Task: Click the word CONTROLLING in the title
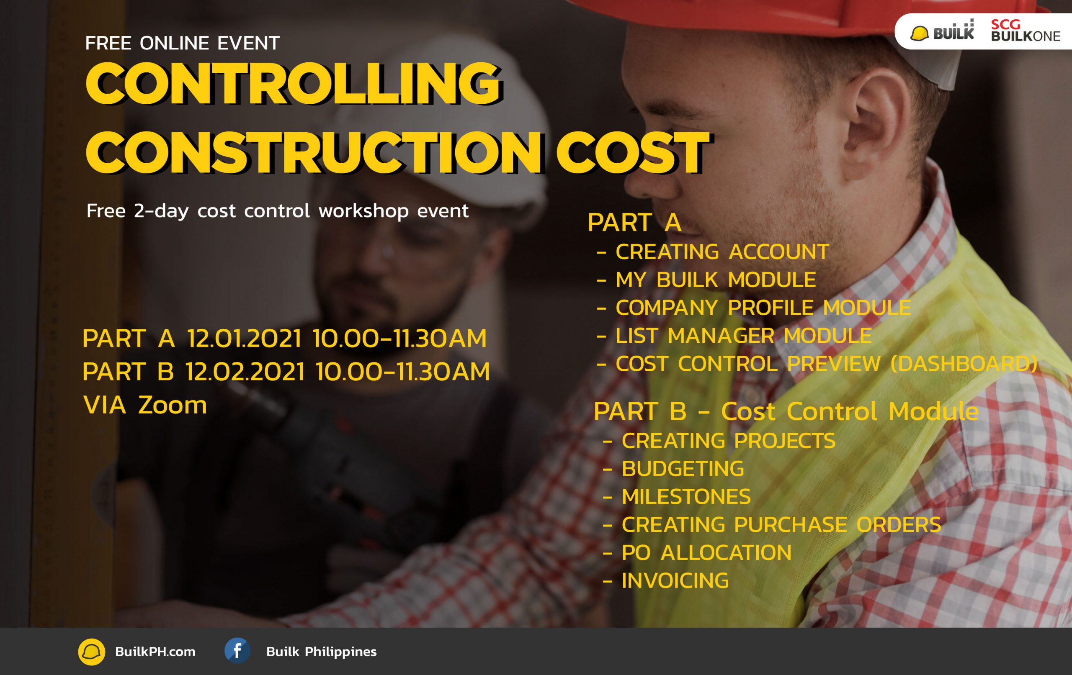[294, 84]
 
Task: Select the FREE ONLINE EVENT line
[183, 43]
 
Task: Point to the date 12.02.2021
[245, 372]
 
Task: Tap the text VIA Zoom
[145, 406]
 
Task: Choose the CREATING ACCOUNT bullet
[722, 252]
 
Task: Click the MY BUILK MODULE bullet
[715, 280]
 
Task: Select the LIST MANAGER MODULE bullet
[743, 336]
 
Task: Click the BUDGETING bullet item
[683, 469]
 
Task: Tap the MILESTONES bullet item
[686, 497]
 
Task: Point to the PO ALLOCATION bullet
[706, 553]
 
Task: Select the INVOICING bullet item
[675, 581]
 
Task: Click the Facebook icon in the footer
[237, 651]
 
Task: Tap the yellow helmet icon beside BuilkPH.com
[92, 652]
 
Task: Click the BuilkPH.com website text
[155, 652]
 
